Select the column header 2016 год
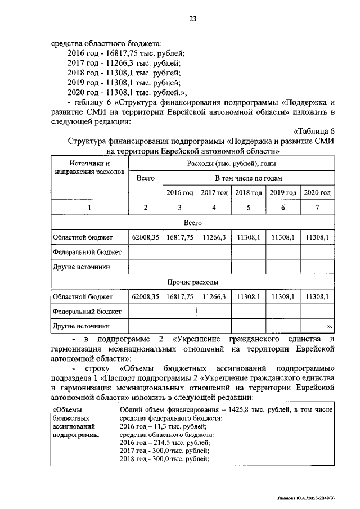tap(179, 193)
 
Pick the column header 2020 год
tap(317, 193)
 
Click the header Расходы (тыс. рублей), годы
tap(231, 164)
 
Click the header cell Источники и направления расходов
tap(87, 167)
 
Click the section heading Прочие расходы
tap(192, 282)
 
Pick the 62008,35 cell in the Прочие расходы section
tap(146, 296)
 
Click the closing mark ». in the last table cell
tap(330, 326)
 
